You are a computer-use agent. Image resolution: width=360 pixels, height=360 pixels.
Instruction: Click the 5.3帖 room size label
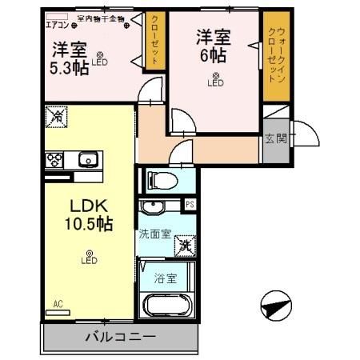70,67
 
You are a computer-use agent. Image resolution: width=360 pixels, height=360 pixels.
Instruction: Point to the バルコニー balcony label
119,336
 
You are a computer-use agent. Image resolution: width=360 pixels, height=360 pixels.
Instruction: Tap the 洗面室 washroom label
154,235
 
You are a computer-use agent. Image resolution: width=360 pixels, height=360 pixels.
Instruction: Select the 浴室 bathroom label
166,279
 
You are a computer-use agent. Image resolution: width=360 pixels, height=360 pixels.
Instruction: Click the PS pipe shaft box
190,205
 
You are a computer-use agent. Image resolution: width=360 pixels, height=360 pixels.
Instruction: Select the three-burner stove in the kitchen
54,158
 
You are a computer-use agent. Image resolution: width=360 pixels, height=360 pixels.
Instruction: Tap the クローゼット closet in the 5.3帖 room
154,40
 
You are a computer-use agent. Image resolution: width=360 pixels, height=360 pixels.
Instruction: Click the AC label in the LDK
58,304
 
